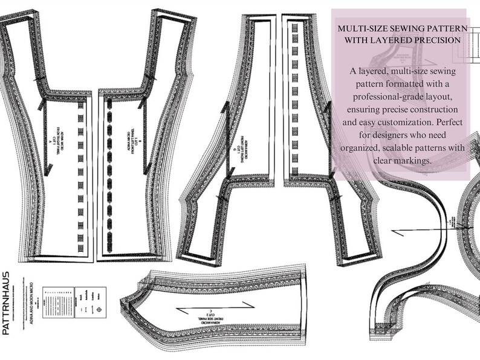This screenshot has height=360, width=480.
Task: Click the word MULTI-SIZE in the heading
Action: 363,28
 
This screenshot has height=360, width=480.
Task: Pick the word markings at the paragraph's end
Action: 414,161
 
